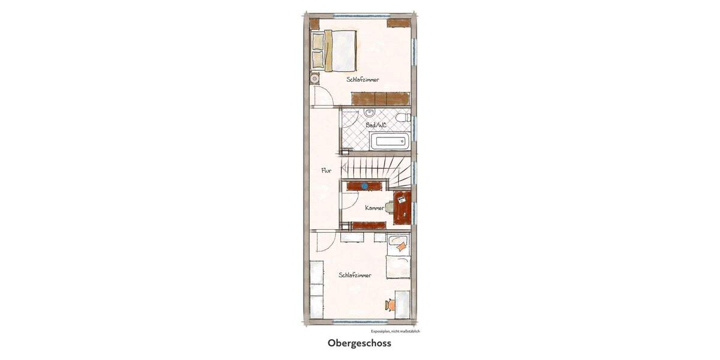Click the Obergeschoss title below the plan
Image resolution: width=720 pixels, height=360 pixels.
click(359, 344)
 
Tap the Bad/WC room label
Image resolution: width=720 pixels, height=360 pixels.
click(376, 125)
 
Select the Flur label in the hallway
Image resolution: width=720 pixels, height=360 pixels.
click(326, 171)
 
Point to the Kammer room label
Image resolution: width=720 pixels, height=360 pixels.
click(374, 208)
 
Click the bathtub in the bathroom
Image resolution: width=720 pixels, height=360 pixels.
click(390, 142)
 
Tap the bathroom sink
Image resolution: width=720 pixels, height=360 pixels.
click(370, 113)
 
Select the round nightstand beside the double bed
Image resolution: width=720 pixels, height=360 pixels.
click(314, 78)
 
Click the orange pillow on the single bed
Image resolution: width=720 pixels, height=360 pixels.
click(400, 245)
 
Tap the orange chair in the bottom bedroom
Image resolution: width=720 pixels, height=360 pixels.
click(391, 305)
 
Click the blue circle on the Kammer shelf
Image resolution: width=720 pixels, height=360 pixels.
click(364, 186)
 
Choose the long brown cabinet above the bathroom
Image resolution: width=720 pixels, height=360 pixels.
click(380, 98)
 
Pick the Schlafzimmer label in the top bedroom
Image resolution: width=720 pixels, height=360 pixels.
click(362, 79)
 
